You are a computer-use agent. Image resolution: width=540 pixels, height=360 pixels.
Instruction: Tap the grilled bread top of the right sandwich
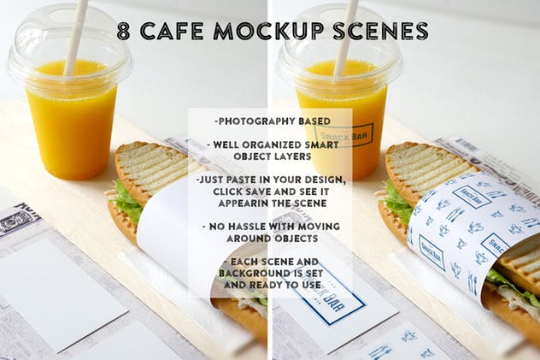pyautogui.click(x=427, y=167)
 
